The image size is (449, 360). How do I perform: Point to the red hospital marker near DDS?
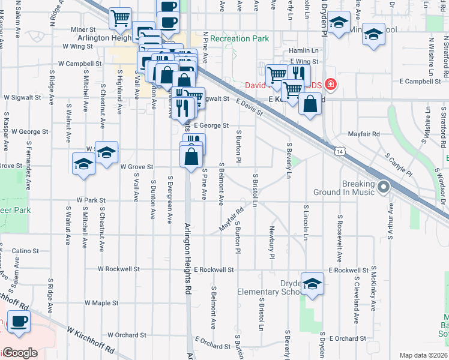pos(330,85)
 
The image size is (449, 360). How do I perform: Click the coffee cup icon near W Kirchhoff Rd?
pos(18,322)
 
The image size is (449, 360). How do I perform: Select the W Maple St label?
pos(101,303)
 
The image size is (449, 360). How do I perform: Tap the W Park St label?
pos(91,200)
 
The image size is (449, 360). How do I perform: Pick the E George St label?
pos(210,125)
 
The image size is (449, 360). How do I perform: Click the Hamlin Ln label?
pos(304,50)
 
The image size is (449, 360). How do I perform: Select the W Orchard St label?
pos(127,335)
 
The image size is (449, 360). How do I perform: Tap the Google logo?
pos(20,353)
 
